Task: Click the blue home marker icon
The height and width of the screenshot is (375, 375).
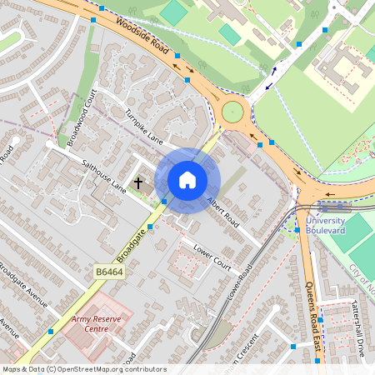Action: click(x=187, y=179)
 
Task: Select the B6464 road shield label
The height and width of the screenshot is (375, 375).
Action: click(x=108, y=272)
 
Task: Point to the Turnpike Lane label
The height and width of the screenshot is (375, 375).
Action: click(x=142, y=125)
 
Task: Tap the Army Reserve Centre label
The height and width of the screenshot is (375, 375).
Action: click(x=90, y=323)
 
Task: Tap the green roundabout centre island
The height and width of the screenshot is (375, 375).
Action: click(x=232, y=112)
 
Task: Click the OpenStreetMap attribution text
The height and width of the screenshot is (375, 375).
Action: click(x=83, y=369)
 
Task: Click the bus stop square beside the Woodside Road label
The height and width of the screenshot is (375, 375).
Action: click(x=177, y=56)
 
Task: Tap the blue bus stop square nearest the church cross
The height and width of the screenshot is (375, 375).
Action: click(x=163, y=202)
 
